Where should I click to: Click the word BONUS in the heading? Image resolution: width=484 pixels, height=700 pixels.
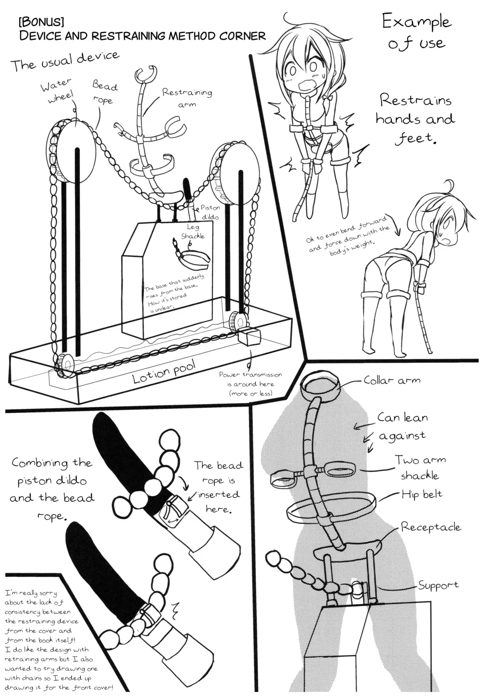[x=42, y=22]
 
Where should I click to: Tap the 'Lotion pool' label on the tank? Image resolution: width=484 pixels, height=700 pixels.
[x=164, y=372]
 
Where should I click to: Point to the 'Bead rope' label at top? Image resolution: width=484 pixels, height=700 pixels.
[x=105, y=92]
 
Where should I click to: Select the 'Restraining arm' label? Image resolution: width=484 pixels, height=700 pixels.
[x=187, y=98]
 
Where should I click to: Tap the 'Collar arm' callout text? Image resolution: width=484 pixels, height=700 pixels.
[x=392, y=380]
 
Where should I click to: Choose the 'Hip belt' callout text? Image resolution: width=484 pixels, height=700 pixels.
[x=422, y=494]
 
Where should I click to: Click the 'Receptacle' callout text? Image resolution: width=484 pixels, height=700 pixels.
[x=431, y=527]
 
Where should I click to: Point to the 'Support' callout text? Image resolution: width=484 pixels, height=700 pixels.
[x=438, y=585]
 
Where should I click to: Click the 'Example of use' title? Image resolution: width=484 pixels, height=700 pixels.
[x=417, y=32]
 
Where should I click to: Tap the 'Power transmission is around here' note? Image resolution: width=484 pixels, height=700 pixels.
[x=250, y=384]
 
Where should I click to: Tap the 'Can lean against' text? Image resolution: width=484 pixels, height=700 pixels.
[x=402, y=426]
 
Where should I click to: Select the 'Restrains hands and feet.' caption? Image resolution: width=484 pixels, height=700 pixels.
[x=415, y=119]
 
